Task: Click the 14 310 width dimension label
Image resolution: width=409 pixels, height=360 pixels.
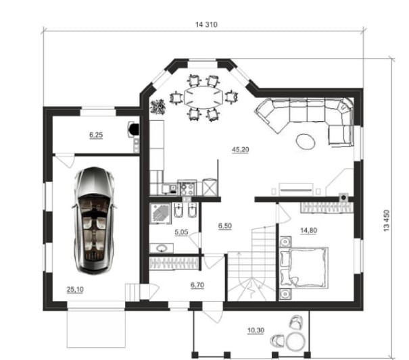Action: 206,24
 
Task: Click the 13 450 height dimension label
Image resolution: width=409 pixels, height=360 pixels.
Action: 386,221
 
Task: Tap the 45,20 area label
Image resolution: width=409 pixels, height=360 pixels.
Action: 240,150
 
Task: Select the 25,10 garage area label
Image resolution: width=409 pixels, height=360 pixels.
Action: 75,289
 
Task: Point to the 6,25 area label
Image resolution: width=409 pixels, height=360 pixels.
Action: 96,135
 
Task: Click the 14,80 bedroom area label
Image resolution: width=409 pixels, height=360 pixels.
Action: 308,230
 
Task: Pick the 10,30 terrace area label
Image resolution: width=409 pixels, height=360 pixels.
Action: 256,330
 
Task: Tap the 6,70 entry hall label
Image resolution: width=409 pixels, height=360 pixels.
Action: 197,285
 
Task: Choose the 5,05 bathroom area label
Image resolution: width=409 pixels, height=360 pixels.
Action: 181,232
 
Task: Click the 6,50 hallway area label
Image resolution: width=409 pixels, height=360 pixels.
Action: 225,226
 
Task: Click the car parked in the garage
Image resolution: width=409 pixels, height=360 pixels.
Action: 95,221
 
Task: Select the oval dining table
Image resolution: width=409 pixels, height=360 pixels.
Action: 203,97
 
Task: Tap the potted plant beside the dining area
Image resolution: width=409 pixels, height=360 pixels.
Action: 158,107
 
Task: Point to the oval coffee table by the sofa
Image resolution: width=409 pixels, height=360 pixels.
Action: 306,141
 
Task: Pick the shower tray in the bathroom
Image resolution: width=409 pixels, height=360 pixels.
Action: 160,213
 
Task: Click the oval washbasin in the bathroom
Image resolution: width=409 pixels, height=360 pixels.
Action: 162,249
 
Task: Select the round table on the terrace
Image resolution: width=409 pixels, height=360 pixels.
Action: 295,340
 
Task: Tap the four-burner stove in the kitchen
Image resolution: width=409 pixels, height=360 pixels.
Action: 187,188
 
